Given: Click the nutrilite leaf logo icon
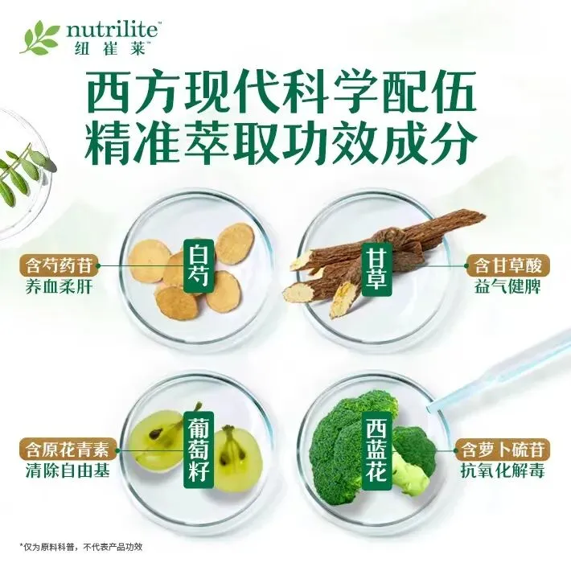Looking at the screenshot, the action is [40, 37].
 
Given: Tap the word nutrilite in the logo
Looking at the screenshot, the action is [112, 31].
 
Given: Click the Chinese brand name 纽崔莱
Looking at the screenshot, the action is [109, 48].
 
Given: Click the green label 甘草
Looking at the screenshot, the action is [372, 266].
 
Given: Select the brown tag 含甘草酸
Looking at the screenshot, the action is [507, 265].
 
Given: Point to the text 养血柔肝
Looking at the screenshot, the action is [59, 287].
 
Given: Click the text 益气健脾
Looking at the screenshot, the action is [507, 287].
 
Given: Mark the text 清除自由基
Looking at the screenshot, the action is [68, 471].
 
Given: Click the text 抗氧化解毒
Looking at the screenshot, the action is [503, 471].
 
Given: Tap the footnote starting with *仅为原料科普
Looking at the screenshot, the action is [81, 547].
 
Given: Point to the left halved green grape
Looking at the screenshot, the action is [157, 442].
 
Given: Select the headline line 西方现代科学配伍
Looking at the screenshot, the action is [281, 92].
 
